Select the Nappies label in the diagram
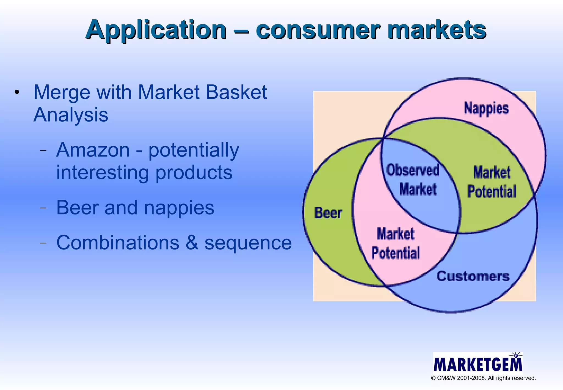tap(486, 108)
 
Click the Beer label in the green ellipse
tap(328, 213)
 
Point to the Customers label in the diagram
tap(473, 276)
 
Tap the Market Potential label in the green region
tap(492, 182)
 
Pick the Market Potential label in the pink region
tap(395, 243)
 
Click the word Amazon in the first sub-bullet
tap(93, 150)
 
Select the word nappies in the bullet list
tap(179, 208)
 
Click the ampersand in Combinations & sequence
tap(192, 243)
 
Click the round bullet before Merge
tap(17, 92)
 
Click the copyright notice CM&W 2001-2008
tap(483, 378)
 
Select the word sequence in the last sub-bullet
tap(248, 243)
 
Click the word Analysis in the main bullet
tap(71, 115)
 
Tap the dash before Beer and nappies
tap(43, 208)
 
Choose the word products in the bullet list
tap(194, 173)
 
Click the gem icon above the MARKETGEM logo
tap(516, 356)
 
